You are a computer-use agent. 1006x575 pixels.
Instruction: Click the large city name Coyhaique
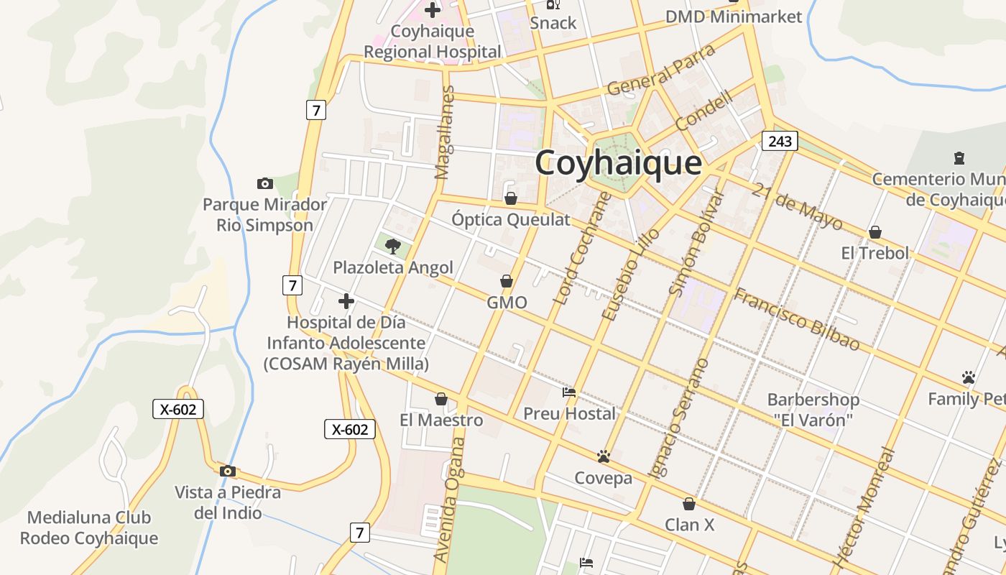click(x=618, y=162)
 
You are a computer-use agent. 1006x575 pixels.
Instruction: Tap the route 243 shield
click(x=780, y=141)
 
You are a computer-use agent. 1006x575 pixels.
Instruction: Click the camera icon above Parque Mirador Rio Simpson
click(x=265, y=184)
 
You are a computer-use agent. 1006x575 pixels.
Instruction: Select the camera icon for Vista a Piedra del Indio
click(x=228, y=471)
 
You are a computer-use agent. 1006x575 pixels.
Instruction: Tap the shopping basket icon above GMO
click(x=507, y=280)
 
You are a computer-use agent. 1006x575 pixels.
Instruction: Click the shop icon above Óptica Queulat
click(x=511, y=198)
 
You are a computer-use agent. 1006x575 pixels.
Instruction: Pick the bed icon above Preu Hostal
click(x=569, y=392)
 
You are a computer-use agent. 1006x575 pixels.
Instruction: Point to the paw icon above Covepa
click(x=603, y=456)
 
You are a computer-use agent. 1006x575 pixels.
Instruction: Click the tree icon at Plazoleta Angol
click(x=392, y=247)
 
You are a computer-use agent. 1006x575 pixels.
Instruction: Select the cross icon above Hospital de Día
click(x=346, y=300)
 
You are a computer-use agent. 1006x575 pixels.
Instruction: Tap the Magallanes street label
click(x=446, y=132)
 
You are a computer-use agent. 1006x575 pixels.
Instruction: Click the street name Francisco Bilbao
click(x=796, y=319)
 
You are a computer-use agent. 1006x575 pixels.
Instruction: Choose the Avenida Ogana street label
click(x=448, y=510)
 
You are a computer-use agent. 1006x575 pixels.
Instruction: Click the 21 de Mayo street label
click(x=798, y=206)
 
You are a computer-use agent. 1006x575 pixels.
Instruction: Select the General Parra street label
click(x=662, y=70)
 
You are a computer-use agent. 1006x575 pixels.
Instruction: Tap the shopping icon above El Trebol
click(x=875, y=232)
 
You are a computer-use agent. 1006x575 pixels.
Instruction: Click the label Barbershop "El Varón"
click(x=813, y=409)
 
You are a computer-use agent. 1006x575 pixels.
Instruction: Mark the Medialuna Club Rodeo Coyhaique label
click(x=89, y=528)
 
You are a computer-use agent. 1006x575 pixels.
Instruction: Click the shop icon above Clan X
click(x=689, y=504)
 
